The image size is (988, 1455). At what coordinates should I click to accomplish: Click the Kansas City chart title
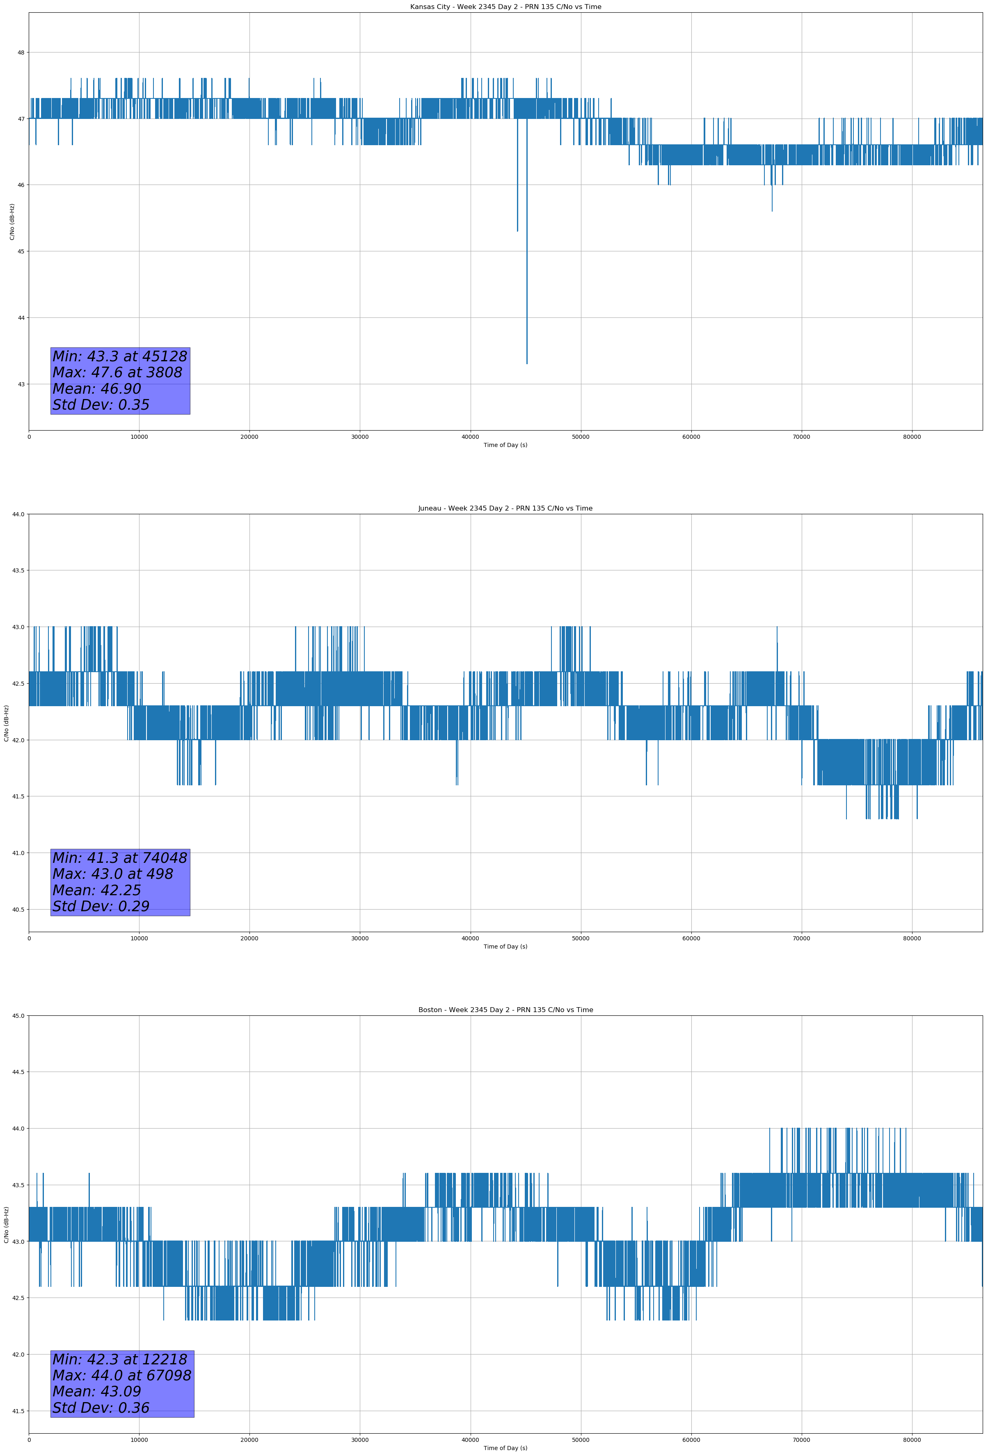point(505,7)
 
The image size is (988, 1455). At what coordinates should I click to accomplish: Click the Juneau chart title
point(505,509)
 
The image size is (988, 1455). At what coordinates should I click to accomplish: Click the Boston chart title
point(505,1010)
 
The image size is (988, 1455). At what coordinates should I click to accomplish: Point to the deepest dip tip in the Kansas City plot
point(527,363)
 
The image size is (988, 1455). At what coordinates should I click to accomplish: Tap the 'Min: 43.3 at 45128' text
point(120,356)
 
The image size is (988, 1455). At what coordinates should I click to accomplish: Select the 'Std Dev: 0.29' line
point(101,907)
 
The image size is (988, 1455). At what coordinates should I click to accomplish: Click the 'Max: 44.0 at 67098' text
point(121,1375)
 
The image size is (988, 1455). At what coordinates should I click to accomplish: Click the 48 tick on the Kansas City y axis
point(21,52)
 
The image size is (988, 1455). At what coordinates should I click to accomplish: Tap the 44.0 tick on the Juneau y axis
point(18,514)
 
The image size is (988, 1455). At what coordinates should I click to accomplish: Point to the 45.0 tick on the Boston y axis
point(18,1015)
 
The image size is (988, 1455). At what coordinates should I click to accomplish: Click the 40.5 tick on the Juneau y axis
point(18,910)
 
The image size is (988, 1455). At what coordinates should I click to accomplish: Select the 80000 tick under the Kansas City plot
point(912,437)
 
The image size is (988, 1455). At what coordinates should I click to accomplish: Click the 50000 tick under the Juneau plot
point(580,938)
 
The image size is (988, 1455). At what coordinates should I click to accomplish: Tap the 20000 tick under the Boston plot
point(249,1439)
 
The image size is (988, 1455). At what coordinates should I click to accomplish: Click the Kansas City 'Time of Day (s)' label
point(505,445)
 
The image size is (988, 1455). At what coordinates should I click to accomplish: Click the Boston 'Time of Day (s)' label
point(505,1448)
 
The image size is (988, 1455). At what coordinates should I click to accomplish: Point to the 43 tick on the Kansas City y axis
point(21,384)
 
